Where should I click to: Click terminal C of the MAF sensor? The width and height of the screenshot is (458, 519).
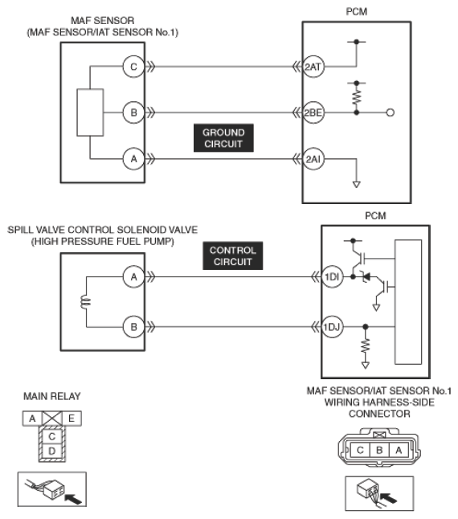click(133, 67)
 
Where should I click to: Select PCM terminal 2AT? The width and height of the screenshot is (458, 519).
click(313, 67)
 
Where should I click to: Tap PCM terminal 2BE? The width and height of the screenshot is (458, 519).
click(313, 112)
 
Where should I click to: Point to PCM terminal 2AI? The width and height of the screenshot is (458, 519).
click(313, 159)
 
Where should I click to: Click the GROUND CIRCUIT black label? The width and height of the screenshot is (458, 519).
click(223, 138)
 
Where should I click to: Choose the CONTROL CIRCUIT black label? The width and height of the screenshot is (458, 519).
click(233, 255)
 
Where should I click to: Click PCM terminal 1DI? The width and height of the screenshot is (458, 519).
click(332, 276)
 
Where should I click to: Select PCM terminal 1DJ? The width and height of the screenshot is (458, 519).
click(332, 327)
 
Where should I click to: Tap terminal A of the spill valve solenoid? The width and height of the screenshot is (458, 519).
click(133, 276)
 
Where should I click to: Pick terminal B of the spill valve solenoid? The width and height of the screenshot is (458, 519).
click(133, 327)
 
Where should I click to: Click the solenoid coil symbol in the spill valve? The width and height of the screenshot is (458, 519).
click(85, 302)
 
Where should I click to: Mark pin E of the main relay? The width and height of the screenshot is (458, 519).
click(72, 419)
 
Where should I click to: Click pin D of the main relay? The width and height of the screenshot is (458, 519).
click(52, 451)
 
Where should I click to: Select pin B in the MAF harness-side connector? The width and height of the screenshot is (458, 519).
click(379, 450)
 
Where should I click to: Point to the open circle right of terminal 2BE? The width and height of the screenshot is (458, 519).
click(391, 112)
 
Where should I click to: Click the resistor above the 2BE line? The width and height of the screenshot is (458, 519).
click(357, 98)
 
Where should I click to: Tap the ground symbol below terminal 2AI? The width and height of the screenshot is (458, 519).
click(357, 184)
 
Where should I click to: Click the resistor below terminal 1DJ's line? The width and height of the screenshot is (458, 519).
click(366, 346)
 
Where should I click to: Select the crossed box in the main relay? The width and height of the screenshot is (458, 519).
click(52, 419)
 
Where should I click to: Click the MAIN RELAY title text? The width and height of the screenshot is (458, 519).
click(52, 396)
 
